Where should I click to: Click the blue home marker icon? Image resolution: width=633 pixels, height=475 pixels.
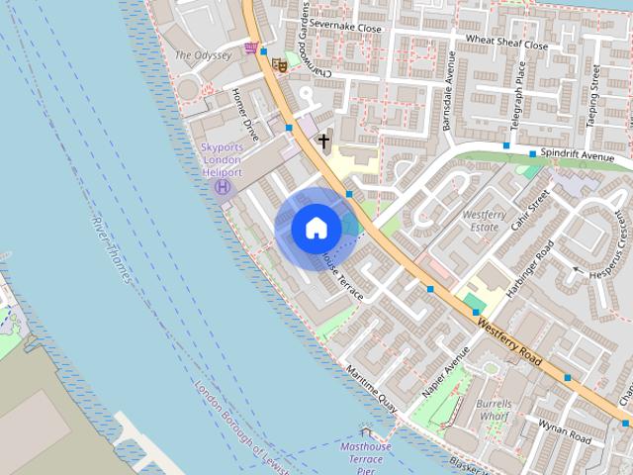316,228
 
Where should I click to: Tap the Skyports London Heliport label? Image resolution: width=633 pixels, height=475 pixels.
222,159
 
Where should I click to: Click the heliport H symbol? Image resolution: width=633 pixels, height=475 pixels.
224,185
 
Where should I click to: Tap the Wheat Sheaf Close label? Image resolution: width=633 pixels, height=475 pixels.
506,44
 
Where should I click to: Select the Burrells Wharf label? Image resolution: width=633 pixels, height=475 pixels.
494,409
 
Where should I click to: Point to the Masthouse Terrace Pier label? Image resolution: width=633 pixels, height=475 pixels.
366,455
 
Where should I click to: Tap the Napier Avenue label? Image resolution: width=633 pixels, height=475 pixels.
445,372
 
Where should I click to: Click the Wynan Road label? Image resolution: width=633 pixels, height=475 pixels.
564,429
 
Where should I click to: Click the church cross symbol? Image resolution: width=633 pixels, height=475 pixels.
323,142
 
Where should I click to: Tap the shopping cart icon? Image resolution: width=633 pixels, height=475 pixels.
251,47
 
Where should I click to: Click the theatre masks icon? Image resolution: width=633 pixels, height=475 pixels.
280,64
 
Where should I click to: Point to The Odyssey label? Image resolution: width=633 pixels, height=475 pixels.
203,56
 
